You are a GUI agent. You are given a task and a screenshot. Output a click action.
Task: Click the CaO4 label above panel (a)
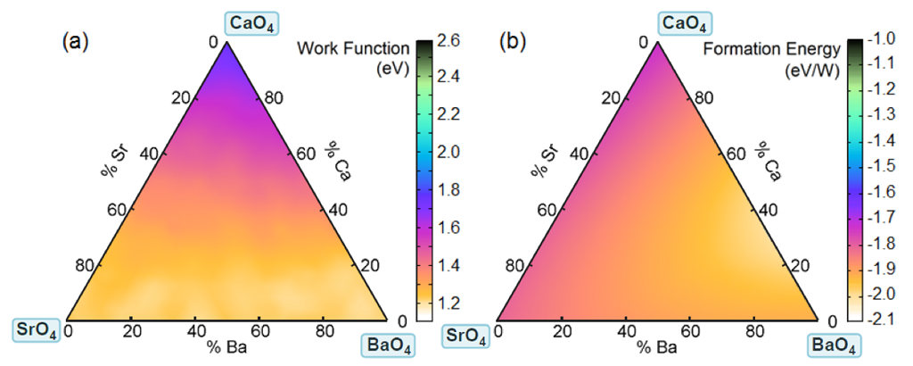pyautogui.click(x=227, y=21)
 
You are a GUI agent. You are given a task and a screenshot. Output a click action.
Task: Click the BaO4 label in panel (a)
pyautogui.click(x=390, y=344)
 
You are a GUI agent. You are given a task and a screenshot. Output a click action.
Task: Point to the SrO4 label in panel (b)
pyautogui.click(x=465, y=337)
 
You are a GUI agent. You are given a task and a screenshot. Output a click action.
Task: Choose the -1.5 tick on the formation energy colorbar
pyautogui.click(x=877, y=166)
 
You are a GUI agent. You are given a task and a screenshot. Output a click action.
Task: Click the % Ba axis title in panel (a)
pyautogui.click(x=228, y=345)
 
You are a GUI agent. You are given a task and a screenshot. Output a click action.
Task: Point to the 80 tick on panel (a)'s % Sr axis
pyautogui.click(x=86, y=266)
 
